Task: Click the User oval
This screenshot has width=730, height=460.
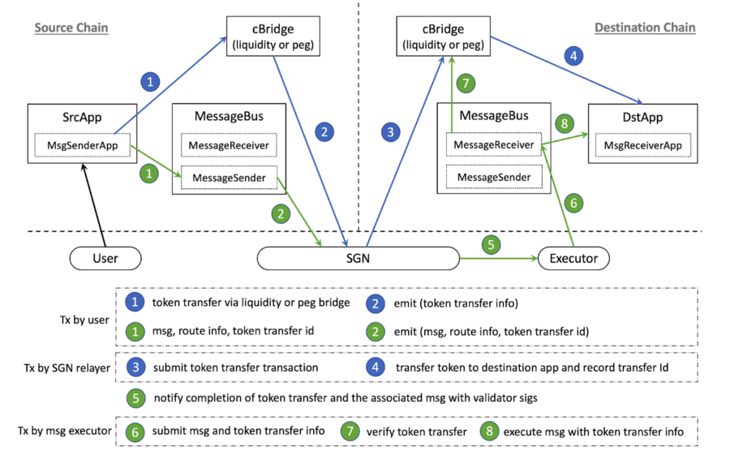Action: coord(105,259)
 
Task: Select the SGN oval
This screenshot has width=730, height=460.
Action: coord(358,259)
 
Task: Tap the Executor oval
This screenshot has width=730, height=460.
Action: coord(573,259)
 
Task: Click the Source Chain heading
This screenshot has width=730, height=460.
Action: coord(71,28)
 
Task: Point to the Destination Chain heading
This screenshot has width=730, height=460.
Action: coord(645,28)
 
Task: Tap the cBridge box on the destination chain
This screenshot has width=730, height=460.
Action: coord(442,37)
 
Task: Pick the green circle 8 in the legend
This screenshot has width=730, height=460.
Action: coord(489,432)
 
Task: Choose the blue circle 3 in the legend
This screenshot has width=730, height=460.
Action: coord(136,368)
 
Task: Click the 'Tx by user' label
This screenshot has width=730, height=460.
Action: coord(85,319)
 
